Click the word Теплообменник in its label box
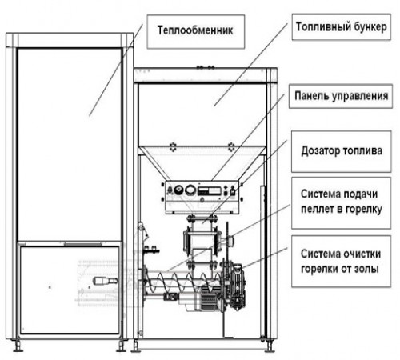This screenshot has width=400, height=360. (x=195, y=30)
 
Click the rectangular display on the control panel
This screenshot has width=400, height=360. (x=210, y=190)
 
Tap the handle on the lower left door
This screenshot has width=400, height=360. (x=105, y=281)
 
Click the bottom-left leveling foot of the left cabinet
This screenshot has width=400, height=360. (x=18, y=346)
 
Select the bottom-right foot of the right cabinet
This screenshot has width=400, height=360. (x=270, y=346)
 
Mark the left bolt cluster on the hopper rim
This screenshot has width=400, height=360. (x=173, y=147)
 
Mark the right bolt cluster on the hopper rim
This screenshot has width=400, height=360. (x=231, y=147)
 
